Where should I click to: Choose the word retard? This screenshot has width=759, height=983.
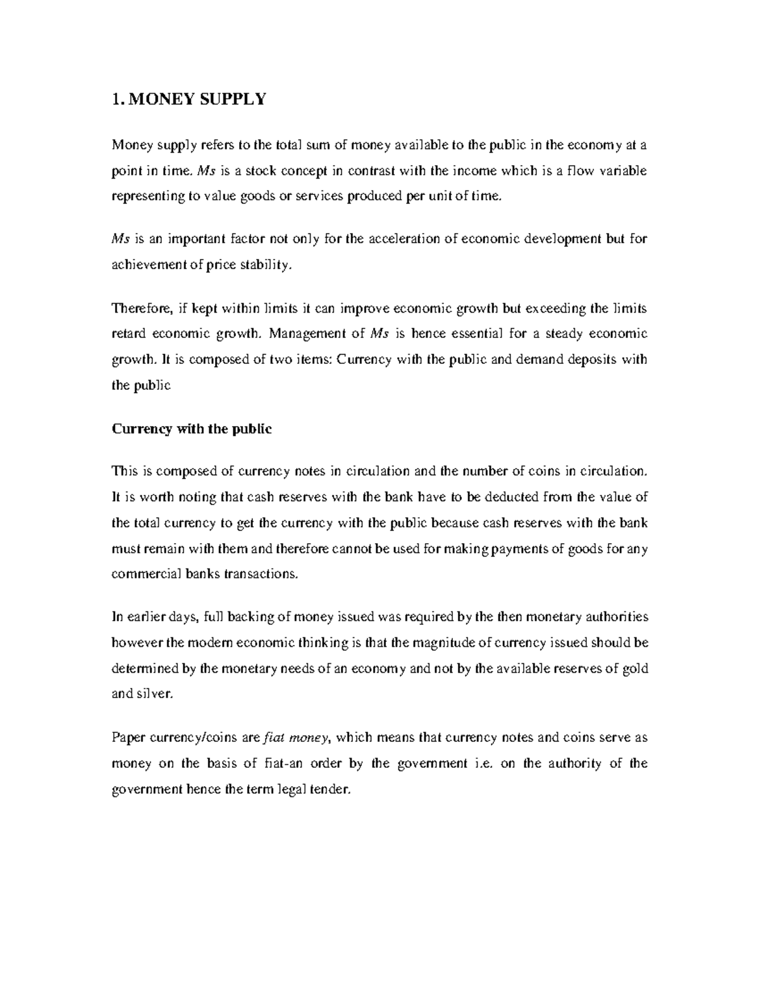[129, 334]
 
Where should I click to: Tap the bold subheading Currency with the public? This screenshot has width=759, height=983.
[192, 429]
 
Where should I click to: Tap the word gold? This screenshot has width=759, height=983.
[634, 668]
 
